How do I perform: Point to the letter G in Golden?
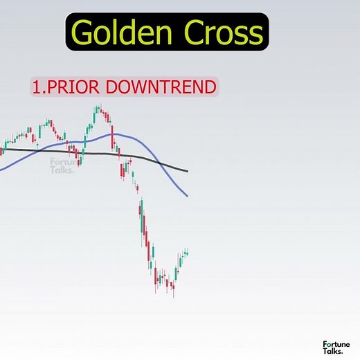click(83, 33)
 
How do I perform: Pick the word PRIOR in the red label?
click(68, 87)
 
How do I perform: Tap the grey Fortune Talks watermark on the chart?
click(64, 165)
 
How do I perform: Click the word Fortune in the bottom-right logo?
click(336, 343)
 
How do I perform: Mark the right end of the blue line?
click(188, 196)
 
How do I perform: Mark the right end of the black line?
click(188, 170)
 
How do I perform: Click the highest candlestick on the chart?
click(98, 109)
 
